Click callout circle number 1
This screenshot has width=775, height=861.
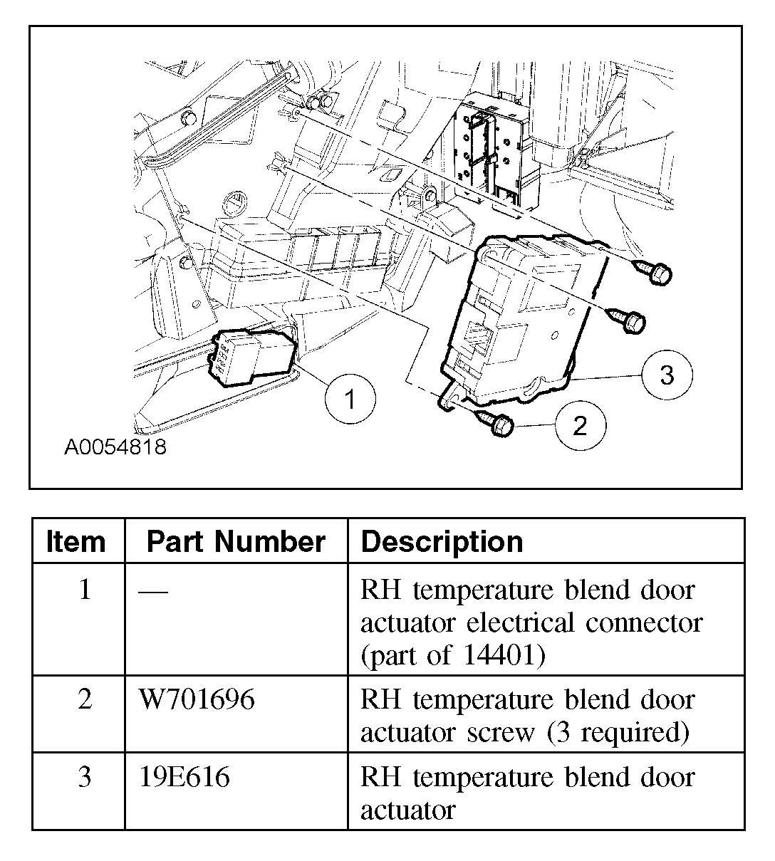coord(349,400)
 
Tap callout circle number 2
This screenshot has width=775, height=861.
coord(580,426)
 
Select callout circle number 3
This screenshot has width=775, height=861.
coord(666,375)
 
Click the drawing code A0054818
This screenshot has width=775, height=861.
coord(115,447)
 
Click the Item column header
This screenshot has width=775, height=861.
coord(76,542)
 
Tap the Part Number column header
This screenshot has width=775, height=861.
coord(236,542)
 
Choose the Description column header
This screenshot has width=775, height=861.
coord(442,542)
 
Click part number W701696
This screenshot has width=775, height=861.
coord(197,700)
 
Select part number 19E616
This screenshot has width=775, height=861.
coord(184,777)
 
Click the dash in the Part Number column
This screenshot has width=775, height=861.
coord(155,591)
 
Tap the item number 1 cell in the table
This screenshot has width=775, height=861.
coord(85,590)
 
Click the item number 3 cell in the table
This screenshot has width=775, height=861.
coord(85,777)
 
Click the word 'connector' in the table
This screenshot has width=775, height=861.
coord(644,622)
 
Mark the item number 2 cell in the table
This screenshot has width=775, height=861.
coord(85,700)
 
